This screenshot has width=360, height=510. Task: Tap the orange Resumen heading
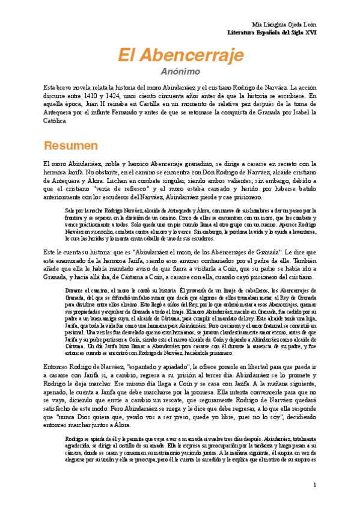pyautogui.click(x=71, y=146)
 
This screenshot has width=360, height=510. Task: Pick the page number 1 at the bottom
pyautogui.click(x=314, y=485)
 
